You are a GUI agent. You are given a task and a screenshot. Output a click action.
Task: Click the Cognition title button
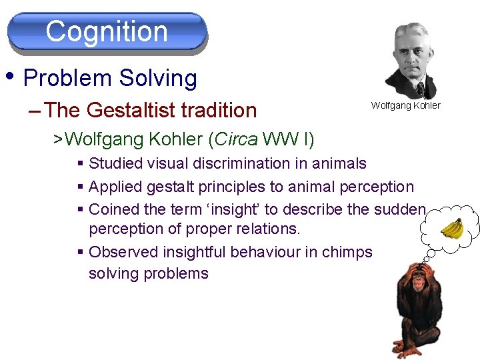tap(107, 31)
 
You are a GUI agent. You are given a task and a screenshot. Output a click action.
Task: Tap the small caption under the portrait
tap(405, 105)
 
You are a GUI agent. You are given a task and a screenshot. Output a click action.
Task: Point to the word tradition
tap(223, 109)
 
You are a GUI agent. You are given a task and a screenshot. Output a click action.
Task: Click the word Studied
tap(116, 163)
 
